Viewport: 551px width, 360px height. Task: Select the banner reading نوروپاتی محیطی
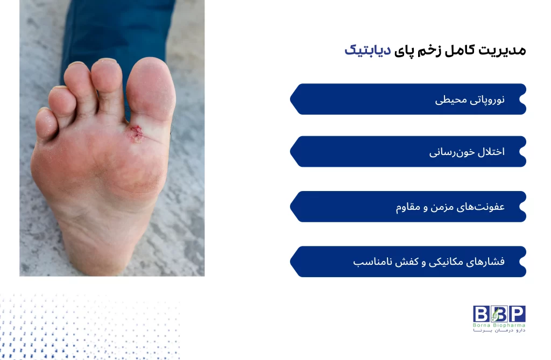click(409, 99)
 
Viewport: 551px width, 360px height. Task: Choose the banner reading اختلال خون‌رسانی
click(409, 152)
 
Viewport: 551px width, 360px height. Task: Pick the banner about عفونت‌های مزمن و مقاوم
click(409, 207)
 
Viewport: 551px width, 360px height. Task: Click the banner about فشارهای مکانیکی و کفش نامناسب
click(409, 262)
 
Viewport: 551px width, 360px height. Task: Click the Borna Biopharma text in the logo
click(499, 325)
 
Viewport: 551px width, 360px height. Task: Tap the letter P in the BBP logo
click(517, 314)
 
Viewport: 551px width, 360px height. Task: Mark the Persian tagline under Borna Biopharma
click(499, 330)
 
